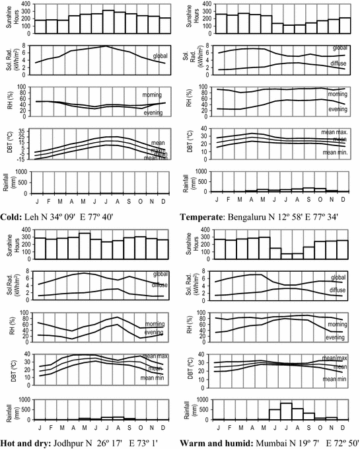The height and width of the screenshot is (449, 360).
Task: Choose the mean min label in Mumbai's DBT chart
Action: (336, 379)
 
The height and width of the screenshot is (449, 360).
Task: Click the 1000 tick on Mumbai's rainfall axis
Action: (204, 399)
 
